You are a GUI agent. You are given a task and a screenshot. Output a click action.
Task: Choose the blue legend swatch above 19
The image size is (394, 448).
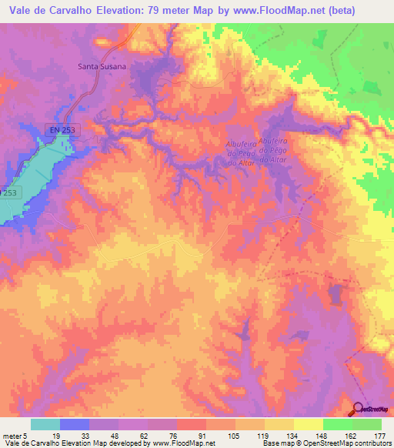74,424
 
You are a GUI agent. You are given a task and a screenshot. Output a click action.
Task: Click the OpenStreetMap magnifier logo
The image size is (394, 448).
359,409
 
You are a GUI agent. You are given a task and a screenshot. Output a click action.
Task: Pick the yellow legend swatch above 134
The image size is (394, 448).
279,424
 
